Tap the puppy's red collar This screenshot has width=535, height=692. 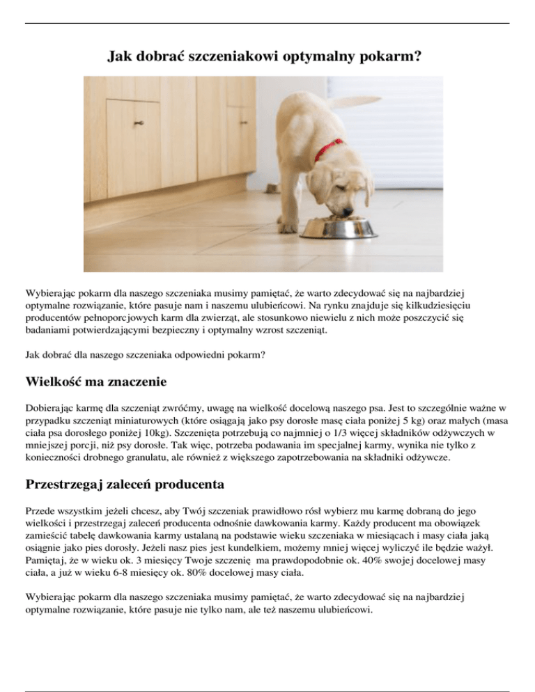[328, 149]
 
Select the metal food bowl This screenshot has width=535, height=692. [338, 228]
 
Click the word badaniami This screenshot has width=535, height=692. [49, 331]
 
